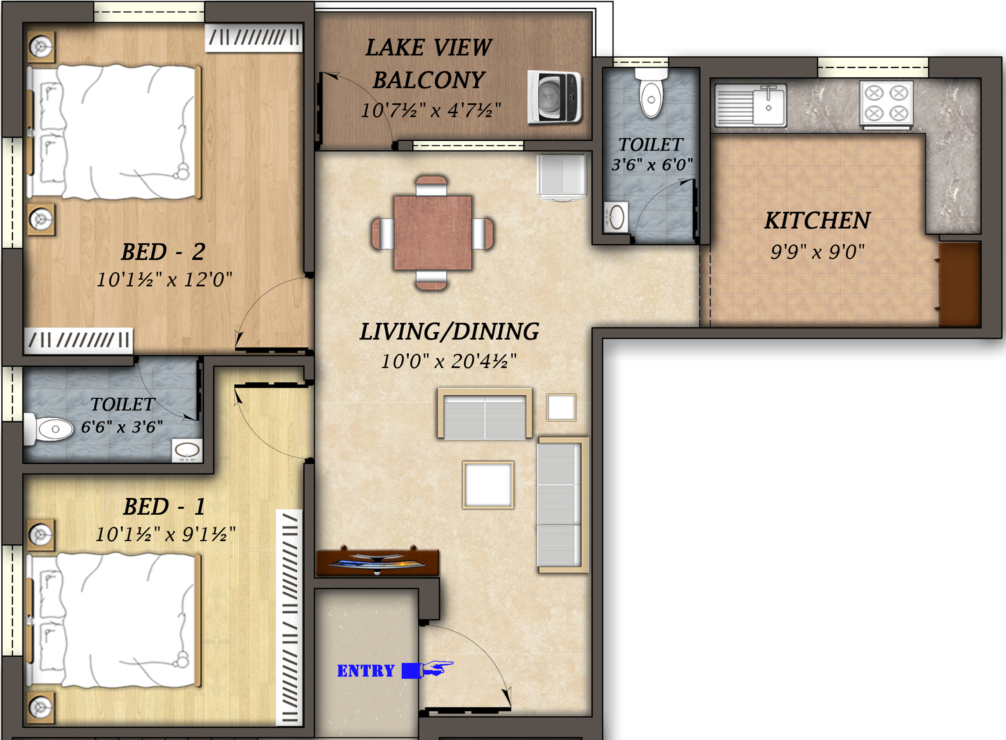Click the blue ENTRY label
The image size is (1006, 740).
pyautogui.click(x=366, y=671)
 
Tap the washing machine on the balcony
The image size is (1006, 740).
pyautogui.click(x=555, y=97)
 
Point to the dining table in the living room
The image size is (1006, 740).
pyautogui.click(x=433, y=232)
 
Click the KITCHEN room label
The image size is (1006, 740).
pyautogui.click(x=817, y=220)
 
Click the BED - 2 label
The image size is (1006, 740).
pyautogui.click(x=163, y=252)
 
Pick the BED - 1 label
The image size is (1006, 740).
pyautogui.click(x=164, y=507)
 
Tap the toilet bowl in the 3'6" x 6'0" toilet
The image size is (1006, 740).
pyautogui.click(x=651, y=96)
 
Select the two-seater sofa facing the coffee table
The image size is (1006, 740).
pyautogui.click(x=484, y=414)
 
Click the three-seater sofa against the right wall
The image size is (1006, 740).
pyautogui.click(x=560, y=505)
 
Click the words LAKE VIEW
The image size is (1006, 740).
pyautogui.click(x=428, y=47)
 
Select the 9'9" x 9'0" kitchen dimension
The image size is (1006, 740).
pyautogui.click(x=817, y=252)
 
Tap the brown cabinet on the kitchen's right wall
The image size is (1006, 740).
pyautogui.click(x=959, y=284)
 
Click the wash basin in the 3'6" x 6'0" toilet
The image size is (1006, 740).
pyautogui.click(x=616, y=217)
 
